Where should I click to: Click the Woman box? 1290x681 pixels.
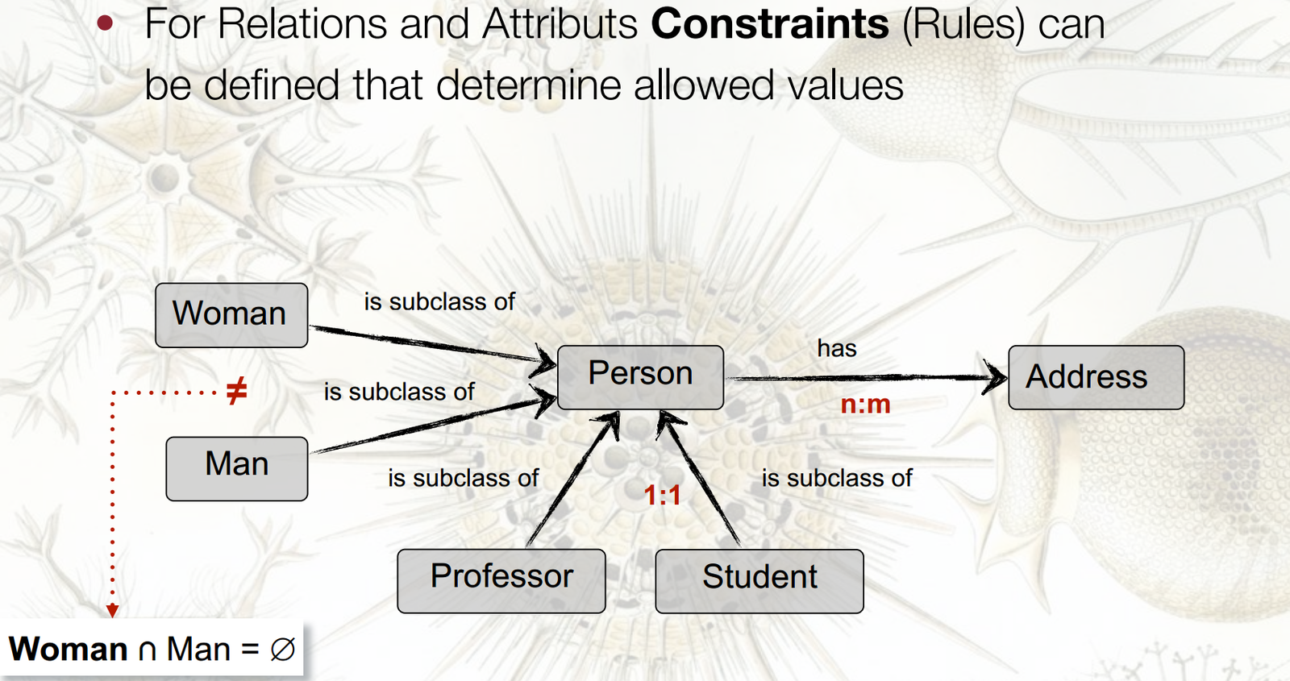click(x=231, y=315)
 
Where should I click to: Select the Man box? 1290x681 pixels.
click(x=236, y=468)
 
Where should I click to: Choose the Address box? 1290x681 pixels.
click(x=1096, y=377)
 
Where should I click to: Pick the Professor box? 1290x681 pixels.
click(x=501, y=580)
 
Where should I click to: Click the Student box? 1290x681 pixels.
click(x=759, y=580)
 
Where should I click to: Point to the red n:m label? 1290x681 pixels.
click(x=865, y=404)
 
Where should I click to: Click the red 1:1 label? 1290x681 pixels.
click(x=662, y=495)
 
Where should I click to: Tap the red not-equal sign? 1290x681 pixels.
click(x=236, y=392)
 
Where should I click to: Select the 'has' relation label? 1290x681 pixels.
click(x=836, y=348)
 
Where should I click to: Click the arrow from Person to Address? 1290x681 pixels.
click(x=863, y=377)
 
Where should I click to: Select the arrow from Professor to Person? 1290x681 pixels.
click(x=572, y=480)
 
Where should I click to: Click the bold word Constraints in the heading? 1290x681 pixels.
click(x=770, y=24)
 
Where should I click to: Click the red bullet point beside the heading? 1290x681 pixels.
click(x=105, y=23)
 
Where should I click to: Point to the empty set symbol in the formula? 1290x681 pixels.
click(x=282, y=650)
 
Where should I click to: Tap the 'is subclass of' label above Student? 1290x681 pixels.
click(x=836, y=478)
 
